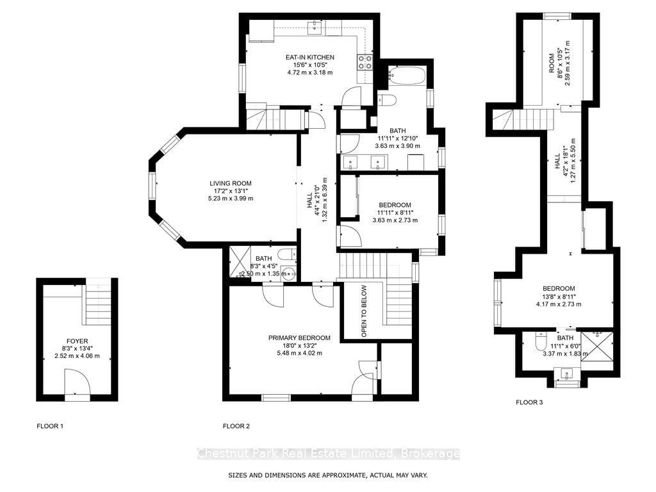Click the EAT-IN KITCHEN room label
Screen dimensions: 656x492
pyautogui.click(x=309, y=57)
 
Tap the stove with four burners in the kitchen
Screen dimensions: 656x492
pyautogui.click(x=365, y=62)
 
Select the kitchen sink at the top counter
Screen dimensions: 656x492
pyautogui.click(x=314, y=28)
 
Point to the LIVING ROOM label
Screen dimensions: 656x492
pyautogui.click(x=231, y=183)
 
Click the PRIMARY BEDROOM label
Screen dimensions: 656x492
pyautogui.click(x=299, y=338)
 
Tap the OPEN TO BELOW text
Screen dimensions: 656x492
pyautogui.click(x=364, y=311)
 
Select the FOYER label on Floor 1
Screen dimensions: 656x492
pyautogui.click(x=78, y=341)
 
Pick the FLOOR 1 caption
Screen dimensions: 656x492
pyautogui.click(x=50, y=426)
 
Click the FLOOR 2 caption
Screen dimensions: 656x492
pyautogui.click(x=236, y=426)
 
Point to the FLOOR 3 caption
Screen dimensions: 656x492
pyautogui.click(x=529, y=402)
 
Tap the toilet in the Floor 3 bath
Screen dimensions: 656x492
pyautogui.click(x=541, y=341)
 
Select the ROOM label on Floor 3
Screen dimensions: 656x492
pyautogui.click(x=552, y=63)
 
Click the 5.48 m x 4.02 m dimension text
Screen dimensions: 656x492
pyautogui.click(x=299, y=353)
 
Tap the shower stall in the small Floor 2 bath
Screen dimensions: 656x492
pyautogui.click(x=240, y=261)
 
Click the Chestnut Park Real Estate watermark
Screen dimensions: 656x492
pyautogui.click(x=329, y=454)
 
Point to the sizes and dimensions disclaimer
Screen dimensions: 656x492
pyautogui.click(x=328, y=475)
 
